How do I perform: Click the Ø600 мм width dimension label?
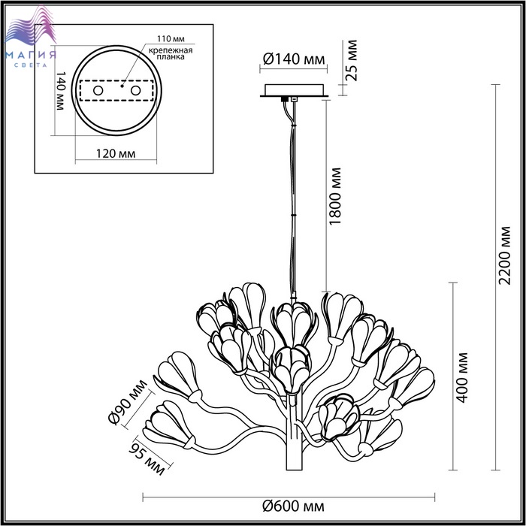(293, 506)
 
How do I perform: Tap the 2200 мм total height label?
(504, 255)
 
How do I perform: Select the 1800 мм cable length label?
(335, 196)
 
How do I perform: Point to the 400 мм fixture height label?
(462, 377)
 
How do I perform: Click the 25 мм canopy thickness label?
(352, 60)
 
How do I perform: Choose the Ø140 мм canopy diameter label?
(294, 59)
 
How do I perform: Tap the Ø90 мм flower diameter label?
(128, 402)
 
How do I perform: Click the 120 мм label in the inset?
(116, 154)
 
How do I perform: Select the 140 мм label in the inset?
(60, 91)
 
